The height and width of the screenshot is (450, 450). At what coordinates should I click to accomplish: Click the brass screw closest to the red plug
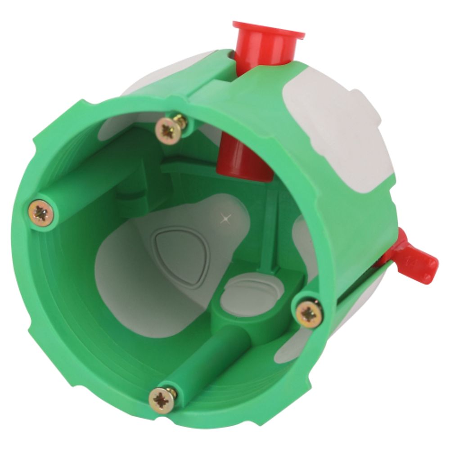170,130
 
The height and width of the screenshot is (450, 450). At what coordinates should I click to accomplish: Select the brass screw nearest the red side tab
309,314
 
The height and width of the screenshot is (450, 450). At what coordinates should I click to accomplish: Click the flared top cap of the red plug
268,33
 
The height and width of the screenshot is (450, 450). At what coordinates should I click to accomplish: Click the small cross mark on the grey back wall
225,220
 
